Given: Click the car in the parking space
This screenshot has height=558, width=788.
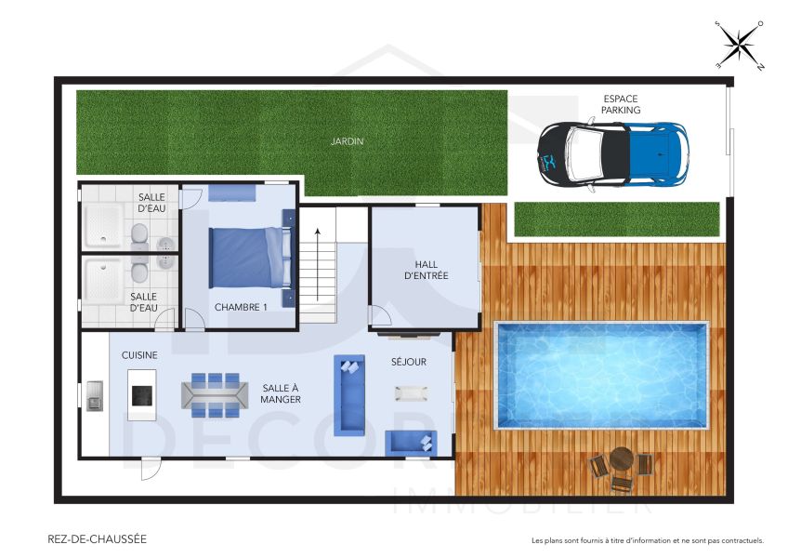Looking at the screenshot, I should coord(614,153).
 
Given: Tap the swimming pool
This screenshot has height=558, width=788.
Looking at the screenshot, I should coord(601,376).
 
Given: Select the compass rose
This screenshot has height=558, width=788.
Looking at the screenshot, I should coord(740,46).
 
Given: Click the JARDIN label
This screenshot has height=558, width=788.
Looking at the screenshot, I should coord(347,142).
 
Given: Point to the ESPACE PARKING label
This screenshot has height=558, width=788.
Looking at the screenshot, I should coord(620,104).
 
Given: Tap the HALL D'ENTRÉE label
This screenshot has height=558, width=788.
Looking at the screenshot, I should coord(426,270).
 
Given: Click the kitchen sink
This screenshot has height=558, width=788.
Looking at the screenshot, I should coord(95,395).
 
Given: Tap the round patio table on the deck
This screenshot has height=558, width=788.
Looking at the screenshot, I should coord(621,459).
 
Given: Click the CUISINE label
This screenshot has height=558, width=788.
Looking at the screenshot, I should coord(139,355).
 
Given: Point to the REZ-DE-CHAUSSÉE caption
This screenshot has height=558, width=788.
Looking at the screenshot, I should coord(97,538).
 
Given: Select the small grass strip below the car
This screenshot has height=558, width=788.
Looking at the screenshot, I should coord(617,219).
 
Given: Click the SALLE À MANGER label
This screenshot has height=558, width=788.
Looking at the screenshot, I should coord(281,393).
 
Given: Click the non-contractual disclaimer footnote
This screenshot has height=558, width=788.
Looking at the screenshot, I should coord(647,540).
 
